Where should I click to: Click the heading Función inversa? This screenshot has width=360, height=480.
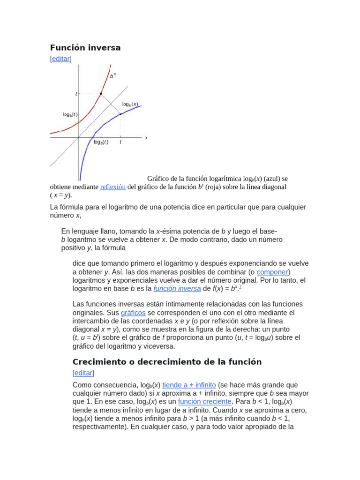coord(85,47)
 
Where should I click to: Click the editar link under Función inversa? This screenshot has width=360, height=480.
coord(60,59)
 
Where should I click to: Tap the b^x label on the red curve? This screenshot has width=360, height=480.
coord(113,75)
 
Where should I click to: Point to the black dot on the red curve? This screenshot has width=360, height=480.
coord(101,94)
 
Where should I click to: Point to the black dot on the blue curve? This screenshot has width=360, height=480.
coord(120,114)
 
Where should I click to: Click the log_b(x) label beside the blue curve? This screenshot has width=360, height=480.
coord(130,104)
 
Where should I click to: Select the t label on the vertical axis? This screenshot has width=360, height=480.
coord(76,94)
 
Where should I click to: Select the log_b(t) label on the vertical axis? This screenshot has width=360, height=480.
coord(70,114)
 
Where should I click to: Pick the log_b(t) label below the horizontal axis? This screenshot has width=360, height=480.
coord(100,142)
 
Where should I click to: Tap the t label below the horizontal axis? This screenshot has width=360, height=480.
coord(120,142)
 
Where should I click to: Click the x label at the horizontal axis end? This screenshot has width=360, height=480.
coord(146,138)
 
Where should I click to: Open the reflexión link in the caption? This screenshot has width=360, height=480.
coord(112,187)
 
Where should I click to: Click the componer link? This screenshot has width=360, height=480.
coord(272,272)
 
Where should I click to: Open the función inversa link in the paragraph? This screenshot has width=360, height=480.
coord(177,289)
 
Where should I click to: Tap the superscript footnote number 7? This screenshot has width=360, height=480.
coord(240,286)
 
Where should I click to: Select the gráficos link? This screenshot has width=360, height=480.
coord(133,313)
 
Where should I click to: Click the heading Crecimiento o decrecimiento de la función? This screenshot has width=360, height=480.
coord(167,362)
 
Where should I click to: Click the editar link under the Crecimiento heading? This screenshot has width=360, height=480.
coord(83,373)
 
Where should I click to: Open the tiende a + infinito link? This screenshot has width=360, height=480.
coord(189,385)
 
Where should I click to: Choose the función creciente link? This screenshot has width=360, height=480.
coord(204,402)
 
